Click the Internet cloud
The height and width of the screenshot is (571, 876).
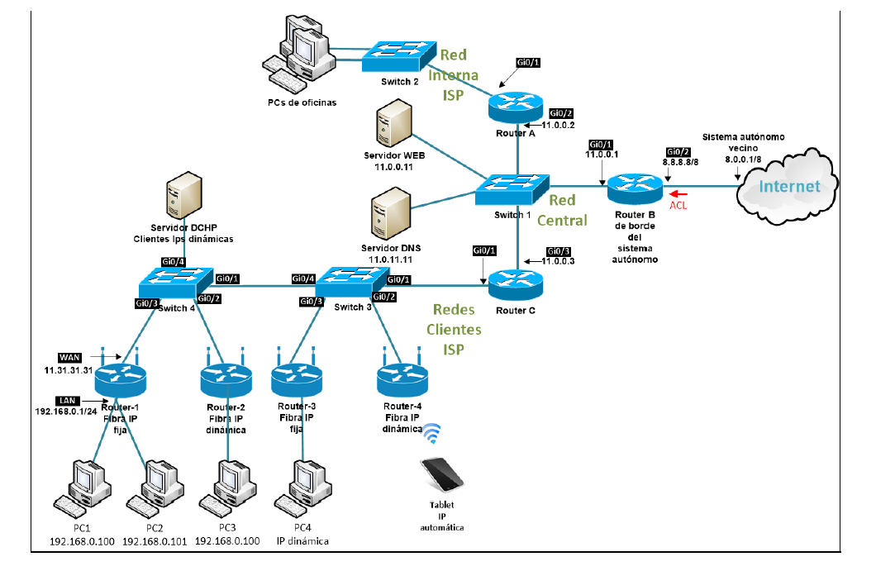[x=789, y=186]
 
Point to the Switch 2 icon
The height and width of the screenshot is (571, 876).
[x=398, y=57]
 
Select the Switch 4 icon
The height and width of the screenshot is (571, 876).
[x=175, y=283]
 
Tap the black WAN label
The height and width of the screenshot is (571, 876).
[x=69, y=357]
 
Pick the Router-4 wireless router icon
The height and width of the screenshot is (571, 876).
[x=402, y=378]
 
